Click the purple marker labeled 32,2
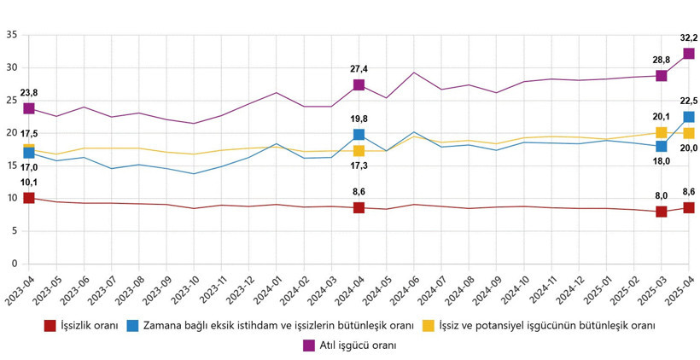(688, 54)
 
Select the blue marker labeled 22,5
(688, 117)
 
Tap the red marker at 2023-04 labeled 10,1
(29, 198)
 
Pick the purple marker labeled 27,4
(359, 84)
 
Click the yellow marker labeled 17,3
(359, 151)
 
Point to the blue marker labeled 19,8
(359, 134)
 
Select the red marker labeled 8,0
(661, 212)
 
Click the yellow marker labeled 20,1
(661, 132)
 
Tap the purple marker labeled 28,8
(661, 75)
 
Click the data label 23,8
(29, 93)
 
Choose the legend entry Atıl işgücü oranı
(358, 345)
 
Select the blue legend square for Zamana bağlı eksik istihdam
(131, 325)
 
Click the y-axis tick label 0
(14, 264)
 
